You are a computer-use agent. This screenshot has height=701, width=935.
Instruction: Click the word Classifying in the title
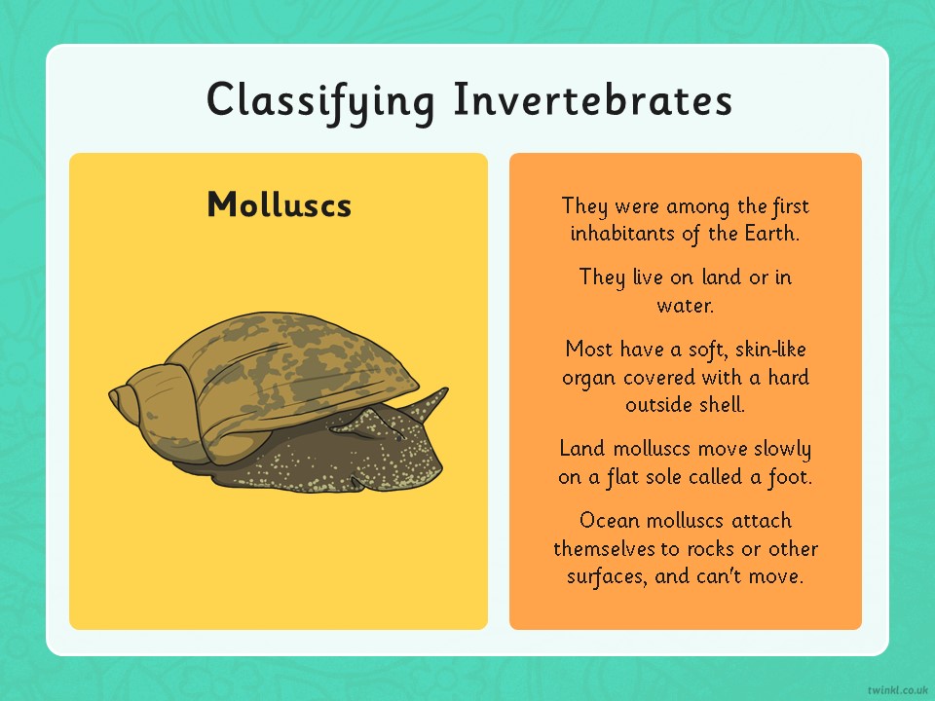click(320, 102)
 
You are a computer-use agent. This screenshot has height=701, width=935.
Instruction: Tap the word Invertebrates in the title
click(593, 98)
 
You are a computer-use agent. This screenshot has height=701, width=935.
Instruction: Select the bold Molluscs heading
click(280, 204)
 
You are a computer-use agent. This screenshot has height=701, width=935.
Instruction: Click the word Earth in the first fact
click(771, 233)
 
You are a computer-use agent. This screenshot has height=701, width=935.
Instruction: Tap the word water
click(685, 306)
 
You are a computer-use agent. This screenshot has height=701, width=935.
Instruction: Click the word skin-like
click(770, 349)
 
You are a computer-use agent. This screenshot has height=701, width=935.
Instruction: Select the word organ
click(590, 379)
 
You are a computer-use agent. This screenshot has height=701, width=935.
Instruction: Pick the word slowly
click(782, 449)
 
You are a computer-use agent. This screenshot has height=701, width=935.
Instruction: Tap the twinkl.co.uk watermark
click(899, 689)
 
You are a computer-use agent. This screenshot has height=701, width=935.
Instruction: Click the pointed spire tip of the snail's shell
click(111, 393)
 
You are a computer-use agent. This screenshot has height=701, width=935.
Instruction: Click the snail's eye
click(398, 438)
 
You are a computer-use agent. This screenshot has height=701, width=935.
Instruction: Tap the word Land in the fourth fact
click(582, 448)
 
